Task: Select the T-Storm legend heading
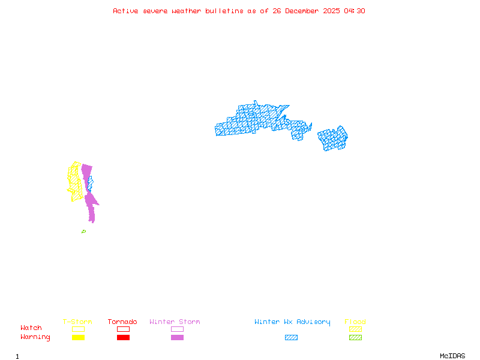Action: (x=77, y=322)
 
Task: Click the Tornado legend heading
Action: (x=122, y=322)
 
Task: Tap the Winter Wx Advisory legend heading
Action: (x=292, y=322)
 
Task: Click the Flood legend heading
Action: (x=355, y=322)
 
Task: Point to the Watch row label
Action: (x=31, y=328)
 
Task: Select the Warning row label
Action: (x=35, y=337)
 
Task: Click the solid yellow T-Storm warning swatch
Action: (x=78, y=338)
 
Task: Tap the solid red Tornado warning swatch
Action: (x=123, y=338)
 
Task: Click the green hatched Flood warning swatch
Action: (x=355, y=338)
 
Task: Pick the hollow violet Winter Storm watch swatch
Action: (x=177, y=329)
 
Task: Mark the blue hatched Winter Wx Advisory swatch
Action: (x=291, y=338)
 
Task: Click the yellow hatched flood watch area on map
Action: (x=74, y=180)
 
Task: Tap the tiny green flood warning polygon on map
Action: (x=83, y=232)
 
